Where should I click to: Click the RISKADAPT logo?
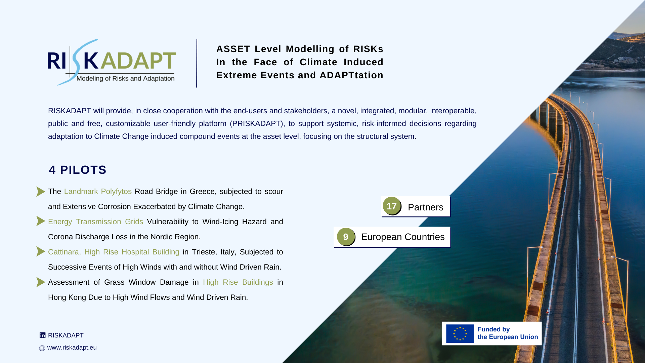(112, 62)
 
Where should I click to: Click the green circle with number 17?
(392, 206)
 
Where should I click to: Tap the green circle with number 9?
(346, 237)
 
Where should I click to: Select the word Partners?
(425, 207)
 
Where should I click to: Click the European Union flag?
(460, 334)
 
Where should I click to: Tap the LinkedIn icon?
(42, 335)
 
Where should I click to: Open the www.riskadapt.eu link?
(72, 348)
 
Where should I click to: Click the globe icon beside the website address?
(42, 348)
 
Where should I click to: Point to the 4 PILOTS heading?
(78, 170)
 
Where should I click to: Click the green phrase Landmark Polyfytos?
(98, 192)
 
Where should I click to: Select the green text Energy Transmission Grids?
(95, 222)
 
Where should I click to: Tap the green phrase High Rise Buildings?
(238, 282)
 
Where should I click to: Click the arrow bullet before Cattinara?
(41, 251)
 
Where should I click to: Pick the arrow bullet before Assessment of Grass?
(41, 282)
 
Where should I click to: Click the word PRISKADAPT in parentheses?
(257, 124)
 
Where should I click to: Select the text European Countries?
(403, 237)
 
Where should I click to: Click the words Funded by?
(493, 330)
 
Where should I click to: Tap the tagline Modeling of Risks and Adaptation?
(125, 79)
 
